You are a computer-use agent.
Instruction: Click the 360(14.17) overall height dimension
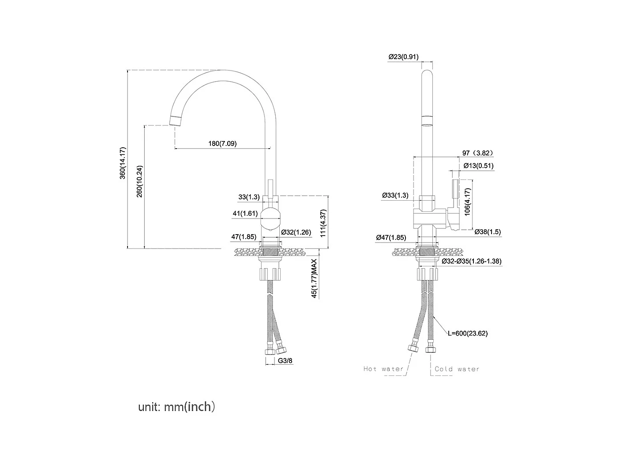pos(122,163)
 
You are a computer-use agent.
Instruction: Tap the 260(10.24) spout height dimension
pos(139,182)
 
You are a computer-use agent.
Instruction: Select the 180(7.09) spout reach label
pos(222,143)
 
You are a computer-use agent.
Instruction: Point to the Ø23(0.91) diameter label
pos(404,57)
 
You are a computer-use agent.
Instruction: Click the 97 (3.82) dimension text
pos(478,153)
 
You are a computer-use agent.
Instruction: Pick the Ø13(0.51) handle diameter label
pos(479,166)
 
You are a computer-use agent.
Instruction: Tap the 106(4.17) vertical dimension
pos(467,202)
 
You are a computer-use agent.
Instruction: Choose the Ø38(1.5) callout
pos(488,232)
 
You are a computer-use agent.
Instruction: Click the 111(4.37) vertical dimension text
pos(323,224)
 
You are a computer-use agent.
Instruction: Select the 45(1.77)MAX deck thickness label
pos(314,278)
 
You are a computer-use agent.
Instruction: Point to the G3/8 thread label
pos(285,361)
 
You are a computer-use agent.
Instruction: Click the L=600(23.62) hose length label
pos(468,333)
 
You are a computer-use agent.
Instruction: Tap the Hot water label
pos(383,369)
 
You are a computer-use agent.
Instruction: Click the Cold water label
pos(457,369)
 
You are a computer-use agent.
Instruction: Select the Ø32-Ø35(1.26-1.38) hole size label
pos(471,261)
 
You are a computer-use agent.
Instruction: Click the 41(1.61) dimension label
pos(245,213)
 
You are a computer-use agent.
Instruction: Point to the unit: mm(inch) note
pos(176,407)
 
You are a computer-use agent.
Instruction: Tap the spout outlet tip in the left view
pos(175,121)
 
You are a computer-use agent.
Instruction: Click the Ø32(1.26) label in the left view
pos(296,232)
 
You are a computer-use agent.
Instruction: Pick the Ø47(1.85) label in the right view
pos(391,238)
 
